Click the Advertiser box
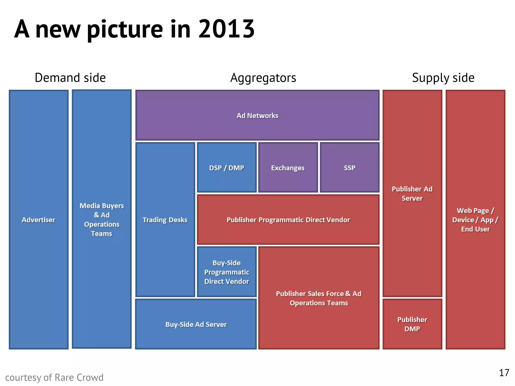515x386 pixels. coord(38,219)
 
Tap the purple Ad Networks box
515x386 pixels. coord(257,115)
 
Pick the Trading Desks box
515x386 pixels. coord(165,220)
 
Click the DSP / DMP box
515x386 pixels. coord(227,168)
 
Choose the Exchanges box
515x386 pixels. coord(288,168)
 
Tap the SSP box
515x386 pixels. coord(350,168)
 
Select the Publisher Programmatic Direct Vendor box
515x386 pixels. coord(288,220)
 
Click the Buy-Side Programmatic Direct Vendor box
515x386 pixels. coord(227,272)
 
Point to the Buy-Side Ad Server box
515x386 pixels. coord(196,324)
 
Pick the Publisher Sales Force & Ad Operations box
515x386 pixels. coord(319,298)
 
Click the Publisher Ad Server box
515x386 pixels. coord(412,193)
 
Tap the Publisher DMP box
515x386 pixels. coord(412,324)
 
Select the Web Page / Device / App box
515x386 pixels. coord(475,219)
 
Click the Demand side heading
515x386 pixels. coord(70,78)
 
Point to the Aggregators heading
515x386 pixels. coord(263,78)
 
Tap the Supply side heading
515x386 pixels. coord(443,78)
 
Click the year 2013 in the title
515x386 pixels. coord(226,29)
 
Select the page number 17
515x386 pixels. coord(504,373)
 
